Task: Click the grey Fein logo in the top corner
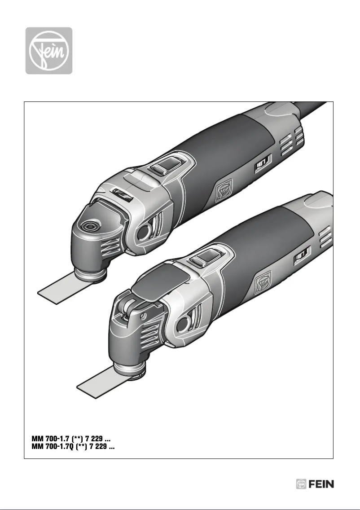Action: point(48,50)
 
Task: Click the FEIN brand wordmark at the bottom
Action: point(321,484)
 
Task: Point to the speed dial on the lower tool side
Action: point(300,258)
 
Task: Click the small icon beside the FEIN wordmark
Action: point(301,484)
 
